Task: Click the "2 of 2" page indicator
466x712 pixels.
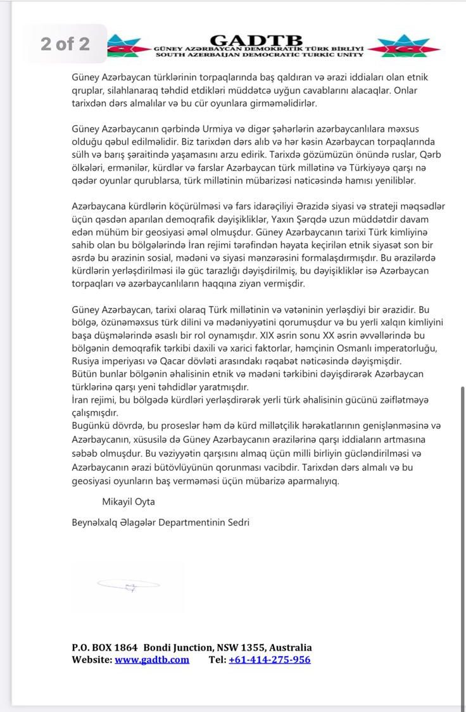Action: pyautogui.click(x=65, y=44)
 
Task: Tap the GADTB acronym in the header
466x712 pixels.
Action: pyautogui.click(x=256, y=40)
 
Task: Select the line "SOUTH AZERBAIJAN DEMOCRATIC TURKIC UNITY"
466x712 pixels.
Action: pyautogui.click(x=259, y=54)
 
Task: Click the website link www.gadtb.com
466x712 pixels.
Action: pyautogui.click(x=152, y=659)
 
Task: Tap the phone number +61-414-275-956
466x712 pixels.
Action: pyautogui.click(x=269, y=659)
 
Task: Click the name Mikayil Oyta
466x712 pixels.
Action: pyautogui.click(x=129, y=502)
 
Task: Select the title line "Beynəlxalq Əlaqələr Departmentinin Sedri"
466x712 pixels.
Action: pyautogui.click(x=161, y=523)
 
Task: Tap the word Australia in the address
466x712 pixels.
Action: pyautogui.click(x=291, y=647)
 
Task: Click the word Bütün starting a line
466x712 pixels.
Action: pyautogui.click(x=85, y=374)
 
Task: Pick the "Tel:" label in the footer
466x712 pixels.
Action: pyautogui.click(x=217, y=659)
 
